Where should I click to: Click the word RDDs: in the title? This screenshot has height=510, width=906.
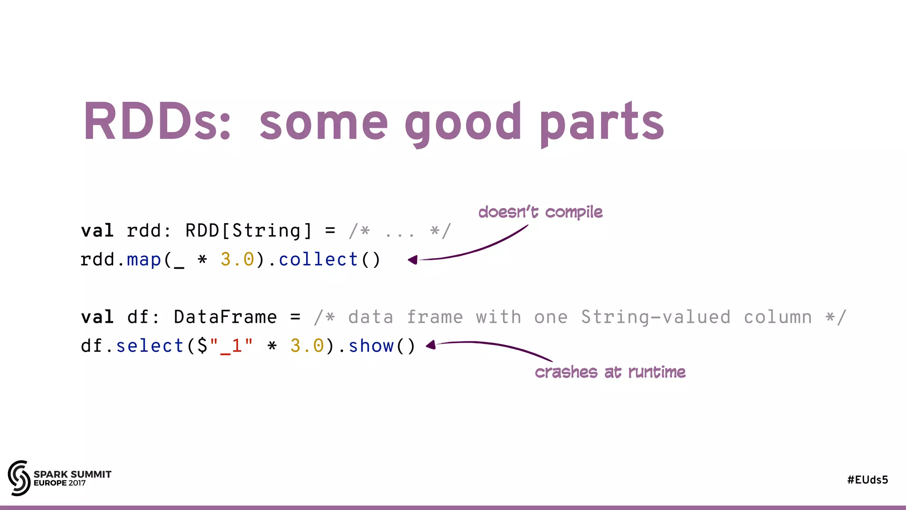(x=157, y=121)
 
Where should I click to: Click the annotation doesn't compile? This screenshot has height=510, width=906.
(x=540, y=212)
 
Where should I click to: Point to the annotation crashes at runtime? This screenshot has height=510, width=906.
(x=610, y=372)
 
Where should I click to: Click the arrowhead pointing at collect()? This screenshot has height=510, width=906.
(x=413, y=260)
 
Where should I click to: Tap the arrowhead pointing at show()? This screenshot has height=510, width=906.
(x=431, y=345)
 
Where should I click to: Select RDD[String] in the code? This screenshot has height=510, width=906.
(x=249, y=231)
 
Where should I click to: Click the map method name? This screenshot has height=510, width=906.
(x=144, y=259)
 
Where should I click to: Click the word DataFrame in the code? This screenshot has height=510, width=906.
(x=225, y=317)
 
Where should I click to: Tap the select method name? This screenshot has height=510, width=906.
(x=150, y=346)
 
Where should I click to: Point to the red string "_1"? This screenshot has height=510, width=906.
(x=231, y=346)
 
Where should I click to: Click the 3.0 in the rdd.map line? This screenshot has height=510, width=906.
(x=238, y=259)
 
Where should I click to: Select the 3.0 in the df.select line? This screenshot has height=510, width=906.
(x=307, y=346)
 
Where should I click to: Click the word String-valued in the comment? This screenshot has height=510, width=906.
(x=655, y=317)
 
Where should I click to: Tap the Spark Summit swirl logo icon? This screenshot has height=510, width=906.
(x=19, y=478)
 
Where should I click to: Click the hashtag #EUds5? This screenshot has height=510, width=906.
(x=868, y=480)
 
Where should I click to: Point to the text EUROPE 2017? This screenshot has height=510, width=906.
(x=60, y=483)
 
